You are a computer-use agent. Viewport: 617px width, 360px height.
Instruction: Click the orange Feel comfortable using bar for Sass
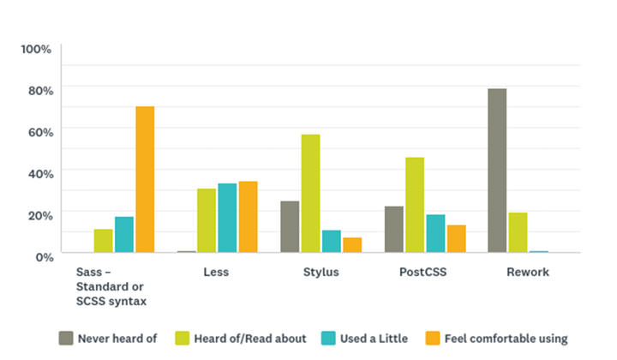(145, 179)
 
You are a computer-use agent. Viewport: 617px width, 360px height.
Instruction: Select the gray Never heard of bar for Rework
(497, 171)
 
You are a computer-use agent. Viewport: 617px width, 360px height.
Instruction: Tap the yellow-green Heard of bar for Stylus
(310, 194)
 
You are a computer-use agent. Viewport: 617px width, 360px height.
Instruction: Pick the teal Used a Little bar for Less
(227, 218)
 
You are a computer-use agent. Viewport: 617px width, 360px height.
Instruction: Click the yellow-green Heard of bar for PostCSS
(415, 205)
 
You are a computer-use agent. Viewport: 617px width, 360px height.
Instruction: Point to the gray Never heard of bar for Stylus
(290, 227)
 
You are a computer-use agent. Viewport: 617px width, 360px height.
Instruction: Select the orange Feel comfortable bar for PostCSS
(456, 239)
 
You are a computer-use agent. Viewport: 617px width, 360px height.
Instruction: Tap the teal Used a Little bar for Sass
(124, 235)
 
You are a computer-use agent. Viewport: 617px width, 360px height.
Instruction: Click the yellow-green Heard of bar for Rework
(518, 232)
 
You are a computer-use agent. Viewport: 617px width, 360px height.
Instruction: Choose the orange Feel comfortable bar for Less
(248, 217)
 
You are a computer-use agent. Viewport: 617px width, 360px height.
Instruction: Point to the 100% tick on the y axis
(37, 49)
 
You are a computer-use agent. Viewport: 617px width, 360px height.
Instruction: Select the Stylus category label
(320, 273)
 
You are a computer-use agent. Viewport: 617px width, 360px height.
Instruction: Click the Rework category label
(528, 273)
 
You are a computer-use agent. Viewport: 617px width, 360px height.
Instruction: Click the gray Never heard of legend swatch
(65, 338)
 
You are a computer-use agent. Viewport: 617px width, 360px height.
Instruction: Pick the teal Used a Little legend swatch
(327, 338)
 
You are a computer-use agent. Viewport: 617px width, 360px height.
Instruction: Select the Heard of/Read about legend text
(252, 338)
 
